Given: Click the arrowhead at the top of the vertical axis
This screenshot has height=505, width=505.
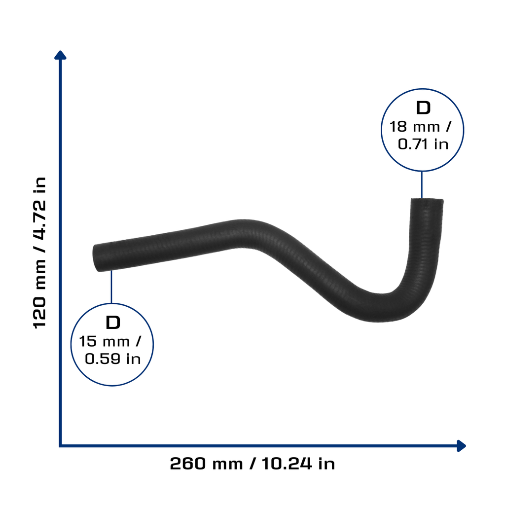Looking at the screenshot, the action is [60, 55].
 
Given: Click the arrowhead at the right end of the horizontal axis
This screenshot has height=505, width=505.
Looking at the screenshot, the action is [461, 446].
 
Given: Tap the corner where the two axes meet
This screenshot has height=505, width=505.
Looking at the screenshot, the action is [60, 446].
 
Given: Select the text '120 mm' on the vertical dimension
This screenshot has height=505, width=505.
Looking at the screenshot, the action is [40, 295].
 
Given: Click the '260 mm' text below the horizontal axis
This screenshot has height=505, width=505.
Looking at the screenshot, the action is [206, 464].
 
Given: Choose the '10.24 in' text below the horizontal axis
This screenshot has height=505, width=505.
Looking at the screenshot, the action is [298, 464].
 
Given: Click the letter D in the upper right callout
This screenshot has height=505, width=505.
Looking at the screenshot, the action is [423, 108].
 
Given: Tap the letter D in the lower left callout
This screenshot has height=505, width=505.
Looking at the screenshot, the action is [113, 323].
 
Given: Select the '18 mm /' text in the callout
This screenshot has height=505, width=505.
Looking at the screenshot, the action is [420, 127].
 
